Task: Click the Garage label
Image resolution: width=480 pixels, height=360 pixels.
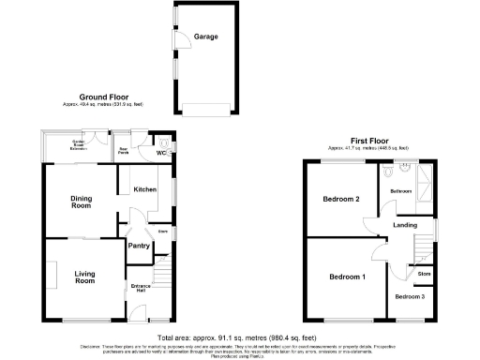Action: [x=206, y=37]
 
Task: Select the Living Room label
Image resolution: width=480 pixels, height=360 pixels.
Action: [x=85, y=277]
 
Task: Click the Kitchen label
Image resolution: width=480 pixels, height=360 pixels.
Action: [x=143, y=189]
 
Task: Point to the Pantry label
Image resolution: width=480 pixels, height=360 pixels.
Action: [x=139, y=246]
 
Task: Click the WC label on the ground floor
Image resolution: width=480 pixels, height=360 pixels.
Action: [x=161, y=152]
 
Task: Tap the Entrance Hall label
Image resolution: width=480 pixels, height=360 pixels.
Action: [x=141, y=288]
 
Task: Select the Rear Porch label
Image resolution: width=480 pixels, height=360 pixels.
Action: [x=123, y=150]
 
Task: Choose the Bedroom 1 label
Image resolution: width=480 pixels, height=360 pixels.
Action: [x=347, y=277]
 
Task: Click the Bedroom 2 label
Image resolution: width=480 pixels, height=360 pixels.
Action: [x=341, y=199]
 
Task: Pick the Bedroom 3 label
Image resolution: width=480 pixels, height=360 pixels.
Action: [x=409, y=296]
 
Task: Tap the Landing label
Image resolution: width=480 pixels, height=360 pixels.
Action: [x=405, y=225]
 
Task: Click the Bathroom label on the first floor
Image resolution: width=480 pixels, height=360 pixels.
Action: [x=401, y=190]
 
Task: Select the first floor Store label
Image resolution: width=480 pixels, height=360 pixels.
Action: [x=424, y=274]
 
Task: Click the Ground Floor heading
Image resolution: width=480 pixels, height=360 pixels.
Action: [x=103, y=97]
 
